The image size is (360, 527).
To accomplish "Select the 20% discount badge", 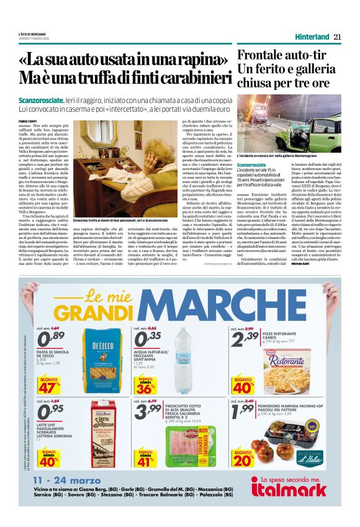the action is point(243,458).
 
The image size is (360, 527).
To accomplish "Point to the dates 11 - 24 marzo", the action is point(67,480).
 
